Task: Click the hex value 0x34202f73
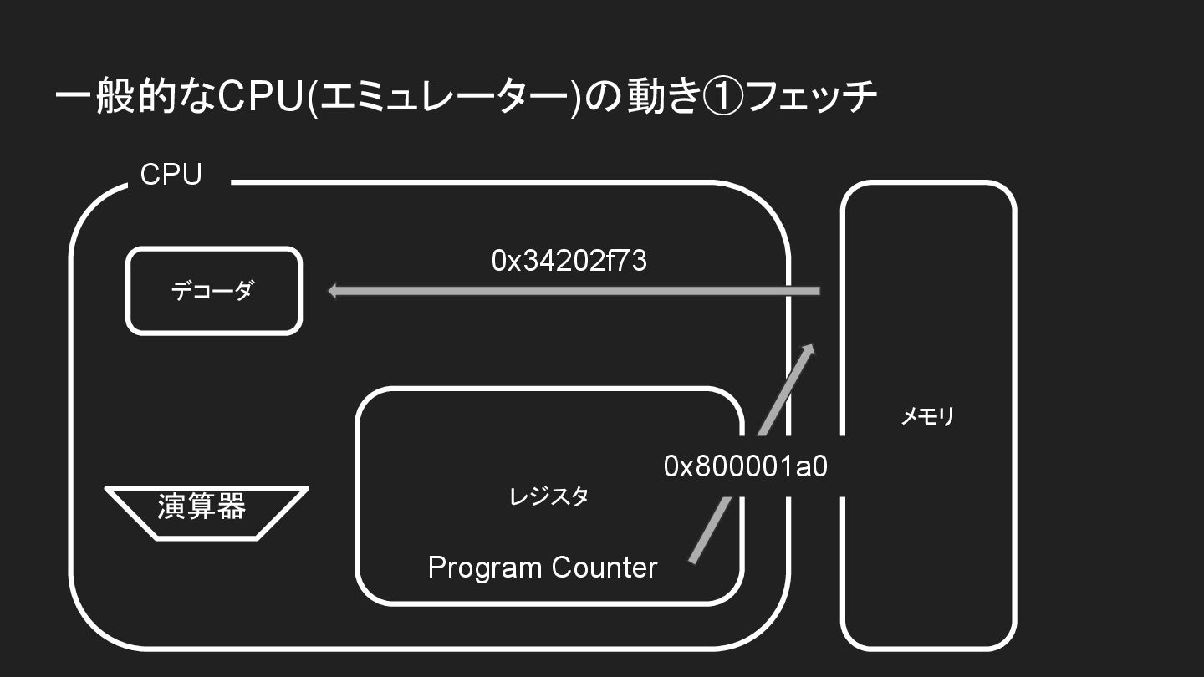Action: [569, 261]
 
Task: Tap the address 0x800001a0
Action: [745, 466]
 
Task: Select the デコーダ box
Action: [213, 291]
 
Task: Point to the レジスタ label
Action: [549, 496]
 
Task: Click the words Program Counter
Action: [542, 568]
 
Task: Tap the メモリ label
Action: [927, 416]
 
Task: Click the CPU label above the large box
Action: [171, 176]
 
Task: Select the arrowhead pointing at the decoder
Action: [333, 291]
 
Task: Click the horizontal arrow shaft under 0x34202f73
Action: [577, 291]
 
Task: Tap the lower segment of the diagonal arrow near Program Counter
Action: [709, 531]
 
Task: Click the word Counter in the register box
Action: [606, 568]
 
